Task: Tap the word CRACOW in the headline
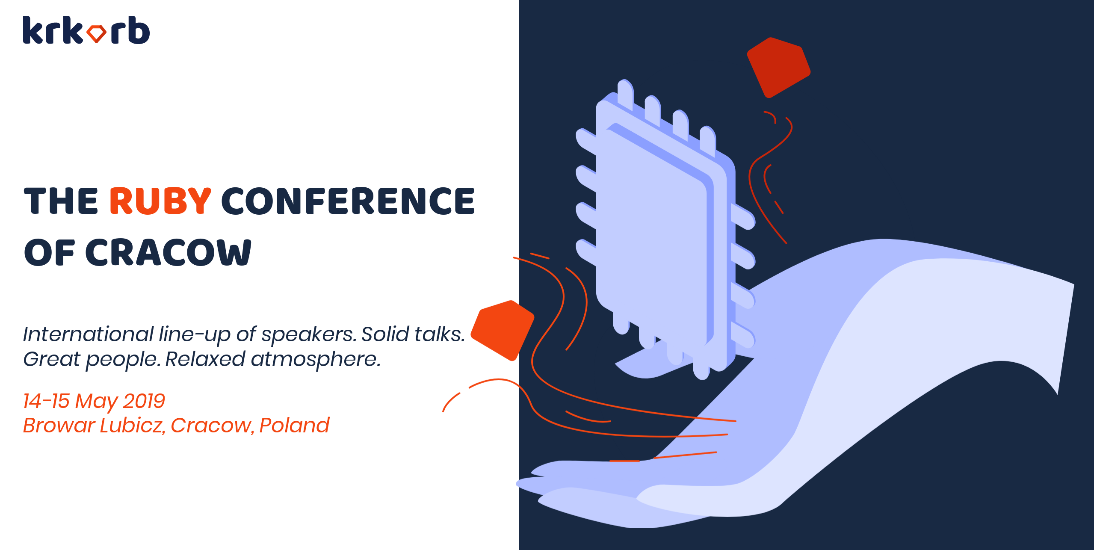coord(169,252)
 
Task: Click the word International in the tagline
coord(88,334)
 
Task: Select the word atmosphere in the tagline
coord(316,359)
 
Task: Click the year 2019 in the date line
coord(144,401)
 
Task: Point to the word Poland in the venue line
coord(294,426)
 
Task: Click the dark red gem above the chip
coord(778,68)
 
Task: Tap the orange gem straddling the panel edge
coord(503,330)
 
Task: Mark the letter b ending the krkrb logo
coord(139,30)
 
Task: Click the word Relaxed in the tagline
coord(205,359)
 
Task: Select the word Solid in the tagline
coord(385,334)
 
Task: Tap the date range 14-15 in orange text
coord(46,401)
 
